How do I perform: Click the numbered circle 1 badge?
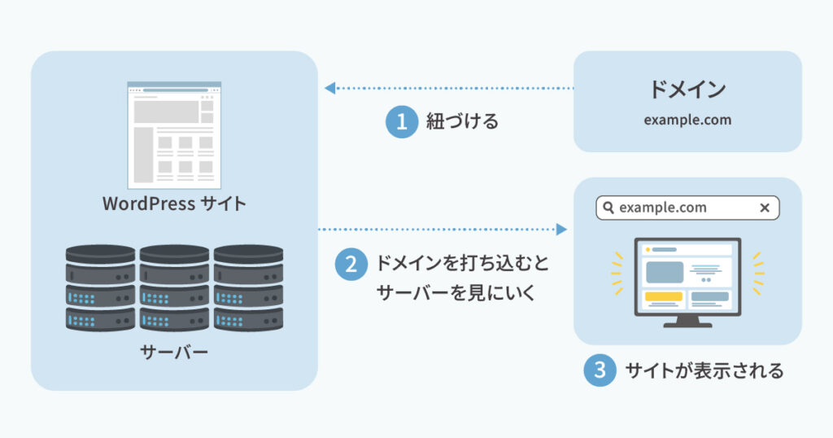click(401, 122)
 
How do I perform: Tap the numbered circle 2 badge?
click(351, 265)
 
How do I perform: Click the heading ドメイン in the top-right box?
click(687, 90)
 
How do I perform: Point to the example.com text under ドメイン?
click(687, 120)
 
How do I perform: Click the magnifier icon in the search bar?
click(608, 208)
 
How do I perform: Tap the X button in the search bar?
click(764, 208)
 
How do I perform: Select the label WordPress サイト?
click(174, 204)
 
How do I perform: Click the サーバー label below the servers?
click(174, 353)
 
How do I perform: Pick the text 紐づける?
click(462, 122)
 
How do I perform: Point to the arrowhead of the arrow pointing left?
click(329, 87)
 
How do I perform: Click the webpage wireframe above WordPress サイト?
click(174, 134)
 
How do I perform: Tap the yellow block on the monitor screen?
click(663, 297)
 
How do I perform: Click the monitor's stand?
click(687, 320)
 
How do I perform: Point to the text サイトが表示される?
click(704, 371)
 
